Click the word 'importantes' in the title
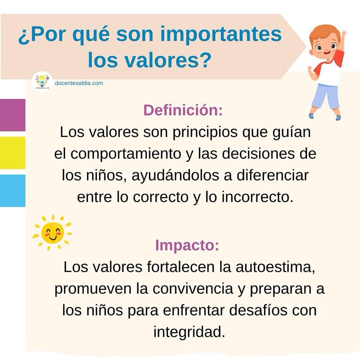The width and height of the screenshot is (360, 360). (x=220, y=35)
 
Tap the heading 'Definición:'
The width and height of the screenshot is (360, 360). (x=183, y=110)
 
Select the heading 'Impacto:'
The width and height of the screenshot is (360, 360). (x=187, y=245)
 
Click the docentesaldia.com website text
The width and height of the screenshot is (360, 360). (x=79, y=83)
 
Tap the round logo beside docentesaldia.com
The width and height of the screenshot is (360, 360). (x=42, y=82)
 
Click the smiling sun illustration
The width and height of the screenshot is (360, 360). (x=52, y=232)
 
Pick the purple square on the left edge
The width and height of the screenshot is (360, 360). (x=13, y=115)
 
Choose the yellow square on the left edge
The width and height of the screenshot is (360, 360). (x=13, y=153)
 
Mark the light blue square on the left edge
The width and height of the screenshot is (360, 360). (x=13, y=190)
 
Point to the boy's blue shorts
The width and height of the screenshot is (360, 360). (x=325, y=96)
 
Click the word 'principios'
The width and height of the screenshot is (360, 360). (x=205, y=133)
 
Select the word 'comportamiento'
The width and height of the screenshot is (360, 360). (x=126, y=154)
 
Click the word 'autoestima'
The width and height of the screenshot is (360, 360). (x=275, y=267)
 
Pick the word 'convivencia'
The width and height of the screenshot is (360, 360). (x=193, y=289)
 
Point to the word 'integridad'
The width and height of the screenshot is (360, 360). (x=189, y=332)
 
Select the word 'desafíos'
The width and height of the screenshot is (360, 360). (x=258, y=310)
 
